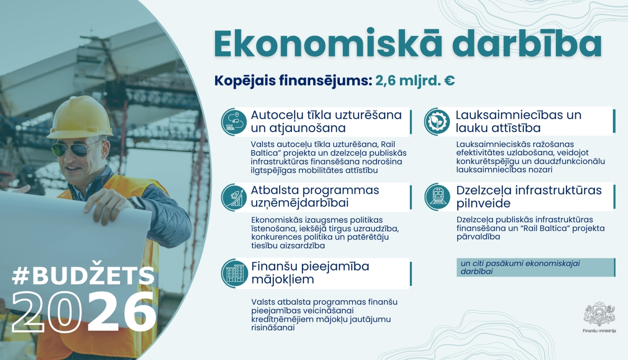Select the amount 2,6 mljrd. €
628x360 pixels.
(415, 80)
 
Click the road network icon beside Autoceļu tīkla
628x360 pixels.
(234, 121)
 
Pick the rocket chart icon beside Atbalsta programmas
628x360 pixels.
(234, 197)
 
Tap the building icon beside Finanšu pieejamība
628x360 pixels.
(234, 273)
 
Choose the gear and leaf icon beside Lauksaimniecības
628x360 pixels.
(437, 121)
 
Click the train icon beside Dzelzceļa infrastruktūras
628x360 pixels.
(438, 197)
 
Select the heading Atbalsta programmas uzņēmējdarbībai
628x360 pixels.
(315, 196)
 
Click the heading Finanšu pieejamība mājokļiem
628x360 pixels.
(310, 273)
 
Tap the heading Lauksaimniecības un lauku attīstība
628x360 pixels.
(518, 121)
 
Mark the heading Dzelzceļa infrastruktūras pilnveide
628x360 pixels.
(529, 197)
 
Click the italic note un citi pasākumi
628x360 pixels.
(520, 267)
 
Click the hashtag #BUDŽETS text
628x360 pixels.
(84, 275)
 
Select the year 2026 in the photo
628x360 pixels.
(84, 312)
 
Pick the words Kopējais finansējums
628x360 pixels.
(293, 80)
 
